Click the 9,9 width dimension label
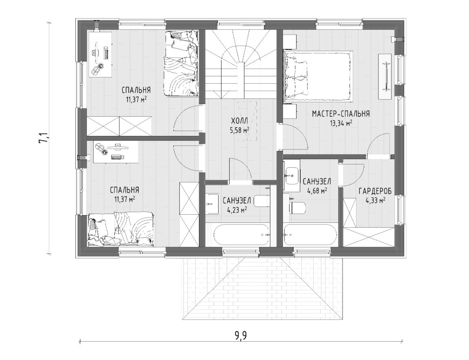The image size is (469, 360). [241, 336]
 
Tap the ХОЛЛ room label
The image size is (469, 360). [239, 120]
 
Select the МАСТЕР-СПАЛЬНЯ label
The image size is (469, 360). [341, 114]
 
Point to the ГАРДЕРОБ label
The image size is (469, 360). [375, 191]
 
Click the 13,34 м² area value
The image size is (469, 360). [341, 123]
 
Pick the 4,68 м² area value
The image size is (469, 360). [317, 191]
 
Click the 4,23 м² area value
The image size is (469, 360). [237, 210]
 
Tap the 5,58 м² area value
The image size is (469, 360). [239, 130]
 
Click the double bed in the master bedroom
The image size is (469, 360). [318, 75]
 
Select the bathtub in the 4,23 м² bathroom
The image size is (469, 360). [242, 236]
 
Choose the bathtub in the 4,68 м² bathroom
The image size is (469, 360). [311, 236]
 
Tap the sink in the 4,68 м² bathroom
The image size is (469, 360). [291, 176]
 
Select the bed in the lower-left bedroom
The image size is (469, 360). [121, 229]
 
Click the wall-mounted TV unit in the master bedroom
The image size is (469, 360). [385, 76]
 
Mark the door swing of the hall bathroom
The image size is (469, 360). [241, 169]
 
